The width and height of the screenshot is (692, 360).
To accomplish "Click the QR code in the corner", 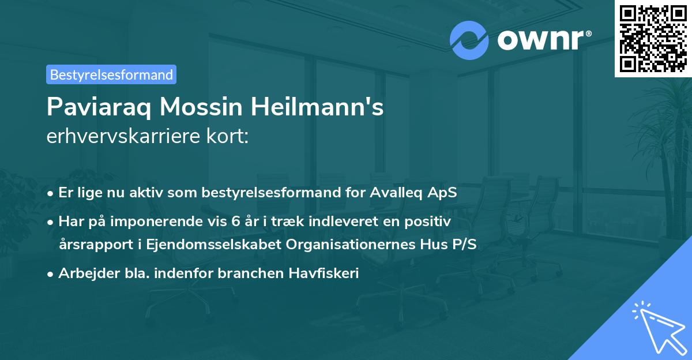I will pos(652,38).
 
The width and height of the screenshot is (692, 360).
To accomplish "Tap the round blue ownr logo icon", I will pos(469,40).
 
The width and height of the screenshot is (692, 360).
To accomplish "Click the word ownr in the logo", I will pos(540,40).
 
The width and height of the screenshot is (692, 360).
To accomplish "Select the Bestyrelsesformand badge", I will pos(111,74).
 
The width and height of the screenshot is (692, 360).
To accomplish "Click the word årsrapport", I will pos(91,244).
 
